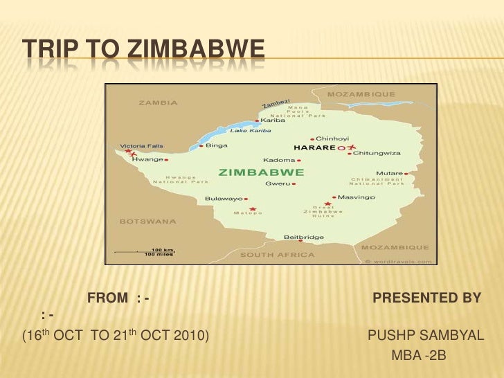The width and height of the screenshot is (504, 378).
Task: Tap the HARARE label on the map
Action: [314, 147]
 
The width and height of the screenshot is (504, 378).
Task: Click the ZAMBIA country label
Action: [159, 102]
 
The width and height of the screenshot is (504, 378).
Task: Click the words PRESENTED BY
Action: [426, 298]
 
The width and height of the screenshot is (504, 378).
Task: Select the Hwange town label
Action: [147, 159]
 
